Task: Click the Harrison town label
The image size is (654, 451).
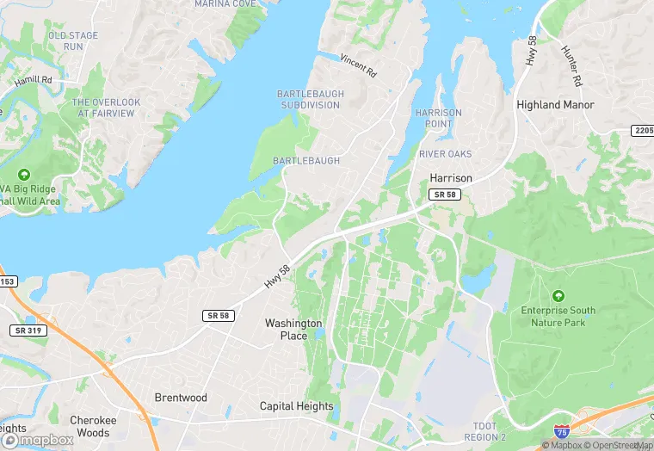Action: pos(451,178)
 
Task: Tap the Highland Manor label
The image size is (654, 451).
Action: pos(555,105)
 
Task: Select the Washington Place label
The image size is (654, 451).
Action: pos(293,330)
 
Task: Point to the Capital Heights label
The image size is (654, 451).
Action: pos(297,406)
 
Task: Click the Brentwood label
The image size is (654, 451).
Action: pos(181,398)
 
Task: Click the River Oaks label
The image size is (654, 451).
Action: pos(445,154)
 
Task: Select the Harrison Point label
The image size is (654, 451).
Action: pos(438,119)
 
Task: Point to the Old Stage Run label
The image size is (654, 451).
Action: pos(73,40)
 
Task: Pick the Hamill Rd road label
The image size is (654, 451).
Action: pos(33,82)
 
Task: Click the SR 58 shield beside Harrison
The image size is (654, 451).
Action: pos(444,196)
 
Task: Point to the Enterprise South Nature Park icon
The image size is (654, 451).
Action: pos(558,295)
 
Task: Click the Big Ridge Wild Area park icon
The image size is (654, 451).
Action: pos(23,175)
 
